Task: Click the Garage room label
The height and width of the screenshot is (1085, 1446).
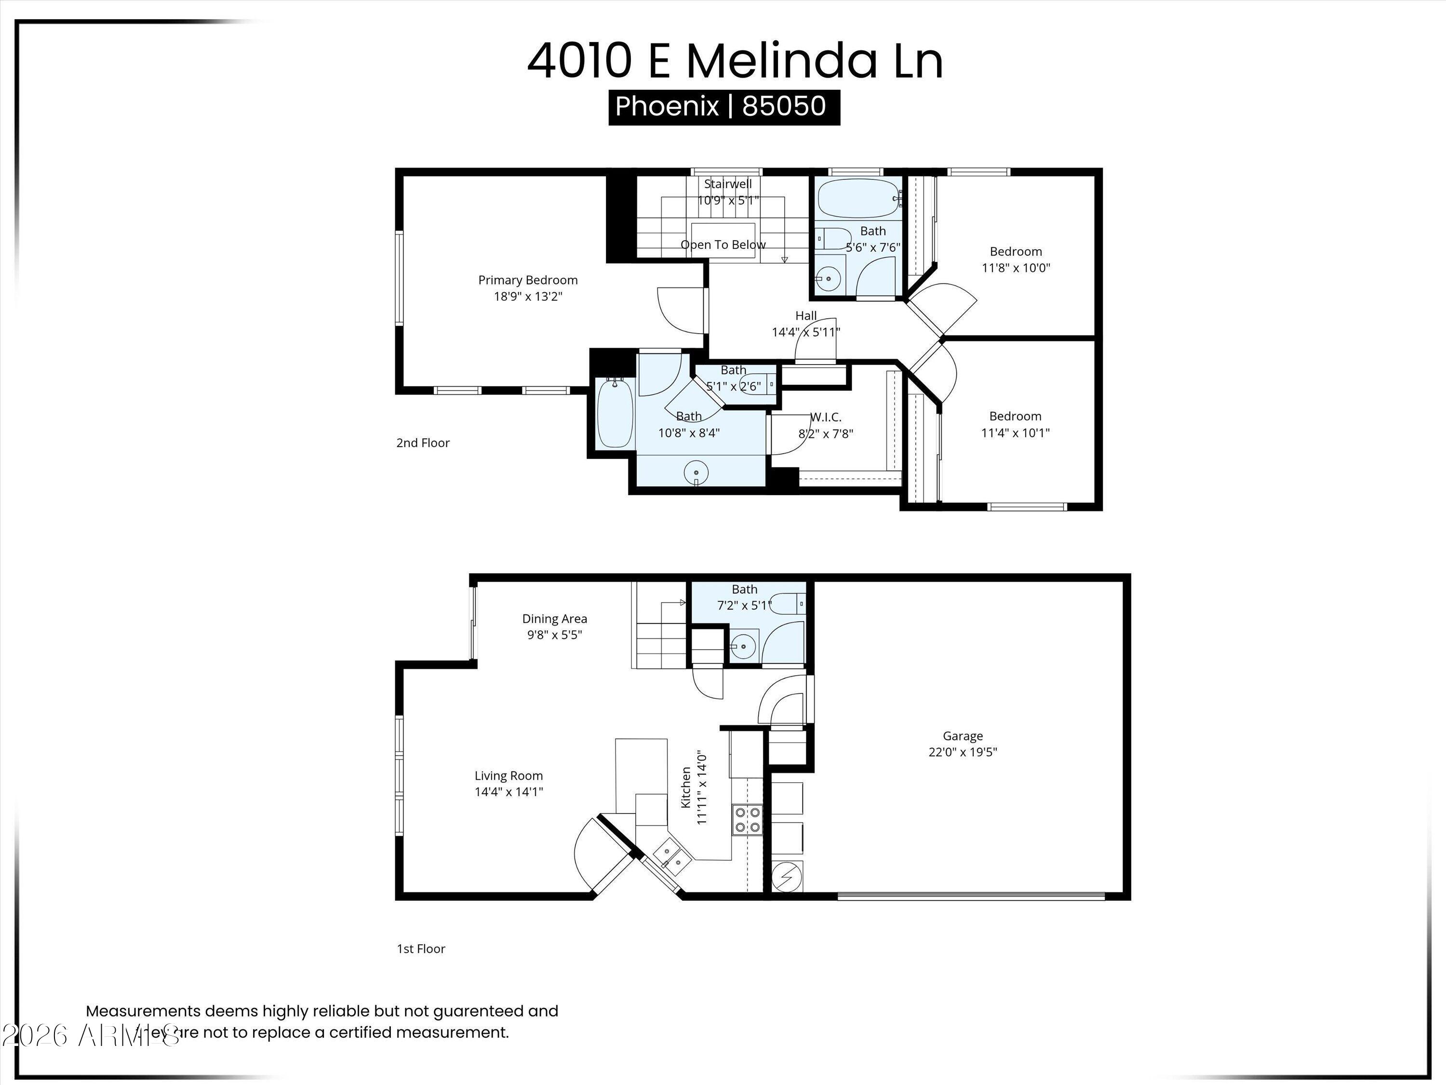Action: [x=962, y=736]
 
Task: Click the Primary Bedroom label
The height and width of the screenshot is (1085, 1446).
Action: [x=527, y=280]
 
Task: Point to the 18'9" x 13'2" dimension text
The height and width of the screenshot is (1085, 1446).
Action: [x=527, y=296]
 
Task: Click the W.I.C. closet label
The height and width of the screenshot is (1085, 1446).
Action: [x=826, y=417]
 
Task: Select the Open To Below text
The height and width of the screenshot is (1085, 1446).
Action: [x=723, y=244]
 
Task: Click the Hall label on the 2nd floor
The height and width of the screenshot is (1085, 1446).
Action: [x=806, y=315]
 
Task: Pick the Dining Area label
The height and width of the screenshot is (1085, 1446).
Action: [x=554, y=618]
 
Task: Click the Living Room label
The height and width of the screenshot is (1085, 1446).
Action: [x=509, y=775]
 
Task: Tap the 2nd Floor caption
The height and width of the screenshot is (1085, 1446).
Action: [x=423, y=443]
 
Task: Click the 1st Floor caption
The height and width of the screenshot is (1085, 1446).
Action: [x=421, y=949]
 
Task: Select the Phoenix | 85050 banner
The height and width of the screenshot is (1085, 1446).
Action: [x=723, y=106]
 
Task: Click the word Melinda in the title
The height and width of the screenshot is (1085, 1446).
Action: [x=781, y=61]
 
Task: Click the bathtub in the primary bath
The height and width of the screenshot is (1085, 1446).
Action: [x=615, y=413]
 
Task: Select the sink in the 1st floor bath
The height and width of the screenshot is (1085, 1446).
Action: [x=743, y=647]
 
